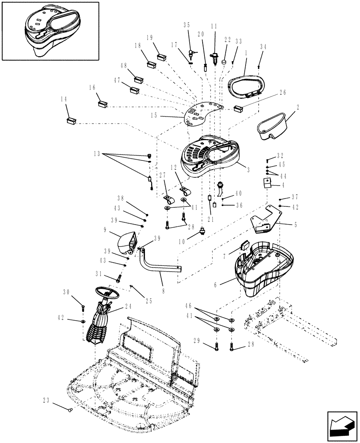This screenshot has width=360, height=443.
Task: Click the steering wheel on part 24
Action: pyautogui.click(x=106, y=293)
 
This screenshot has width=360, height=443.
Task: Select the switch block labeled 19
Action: pyautogui.click(x=161, y=57)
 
